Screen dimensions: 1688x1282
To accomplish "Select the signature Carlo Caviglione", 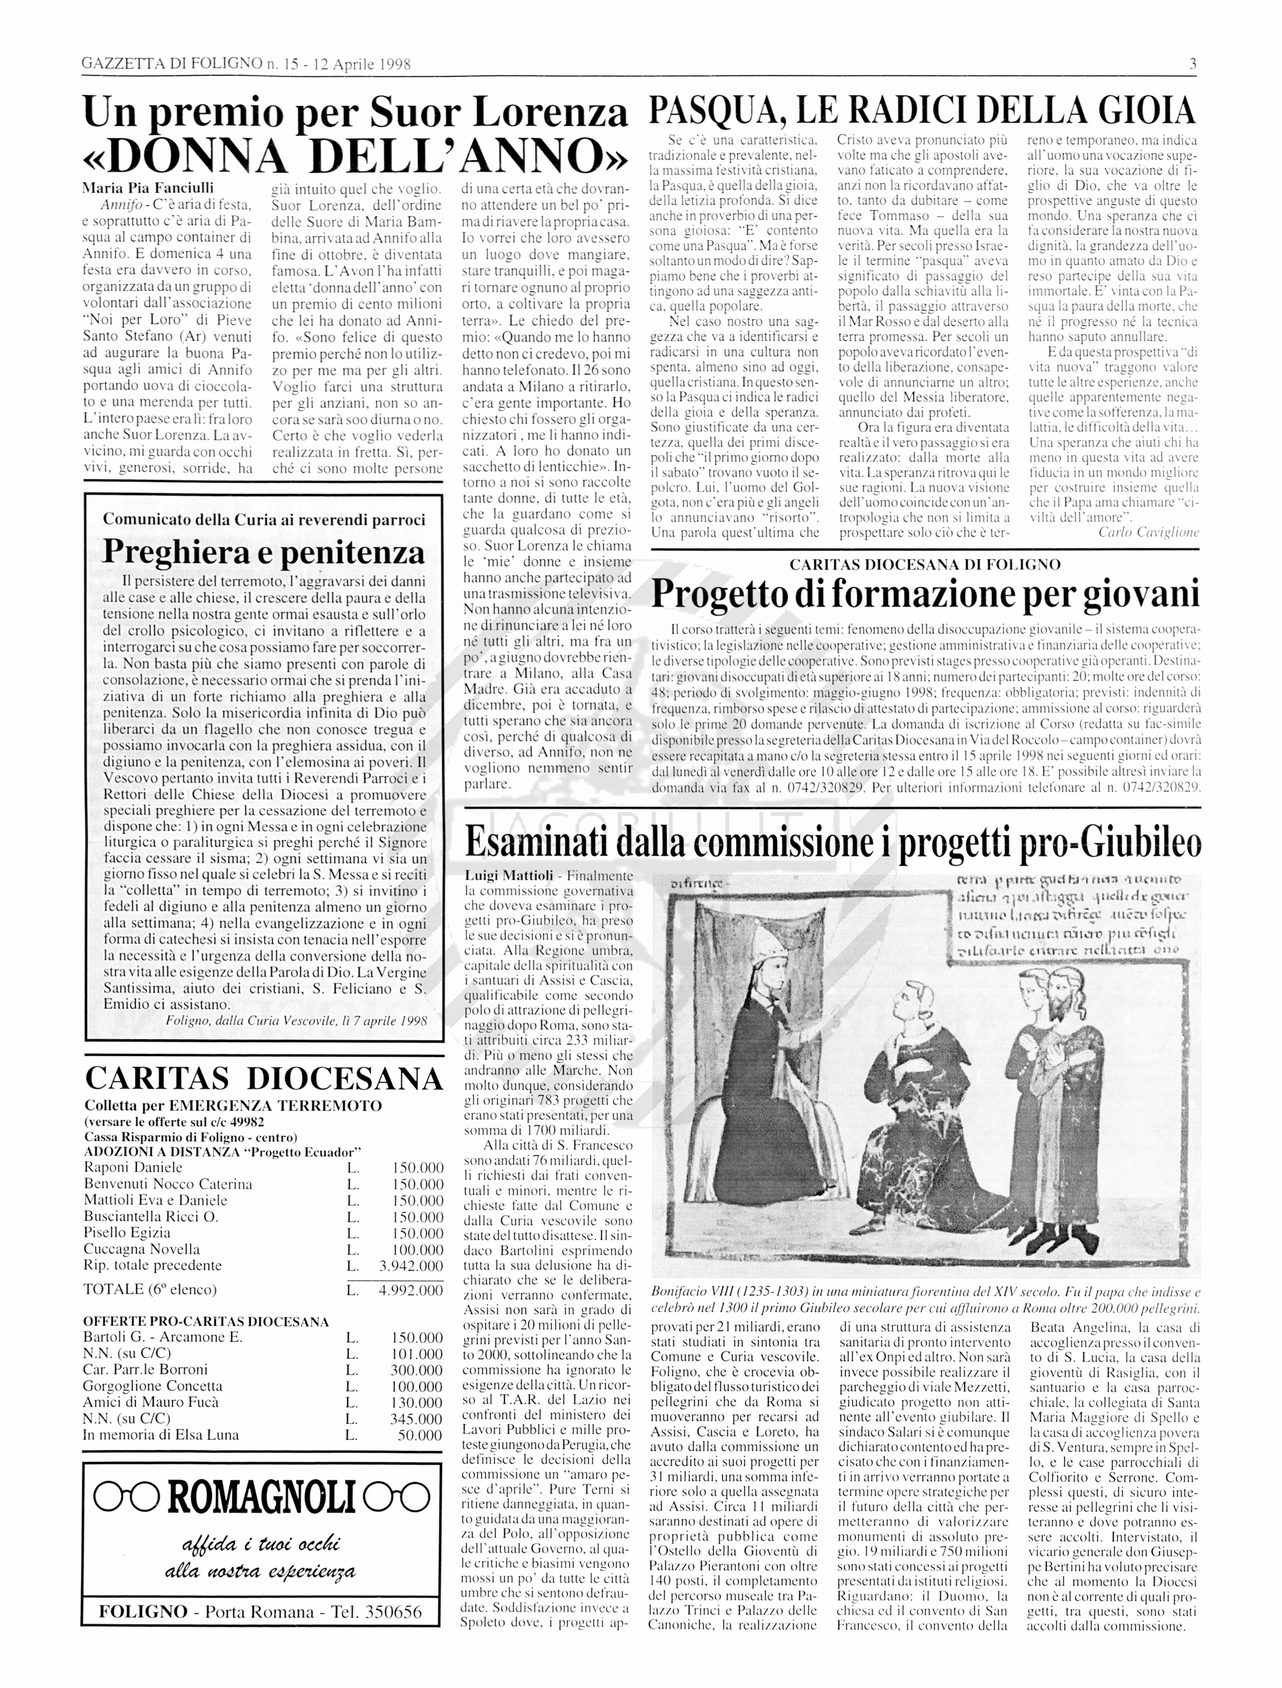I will pyautogui.click(x=1149, y=532).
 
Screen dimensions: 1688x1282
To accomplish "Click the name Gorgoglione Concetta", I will pyautogui.click(x=153, y=1386).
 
